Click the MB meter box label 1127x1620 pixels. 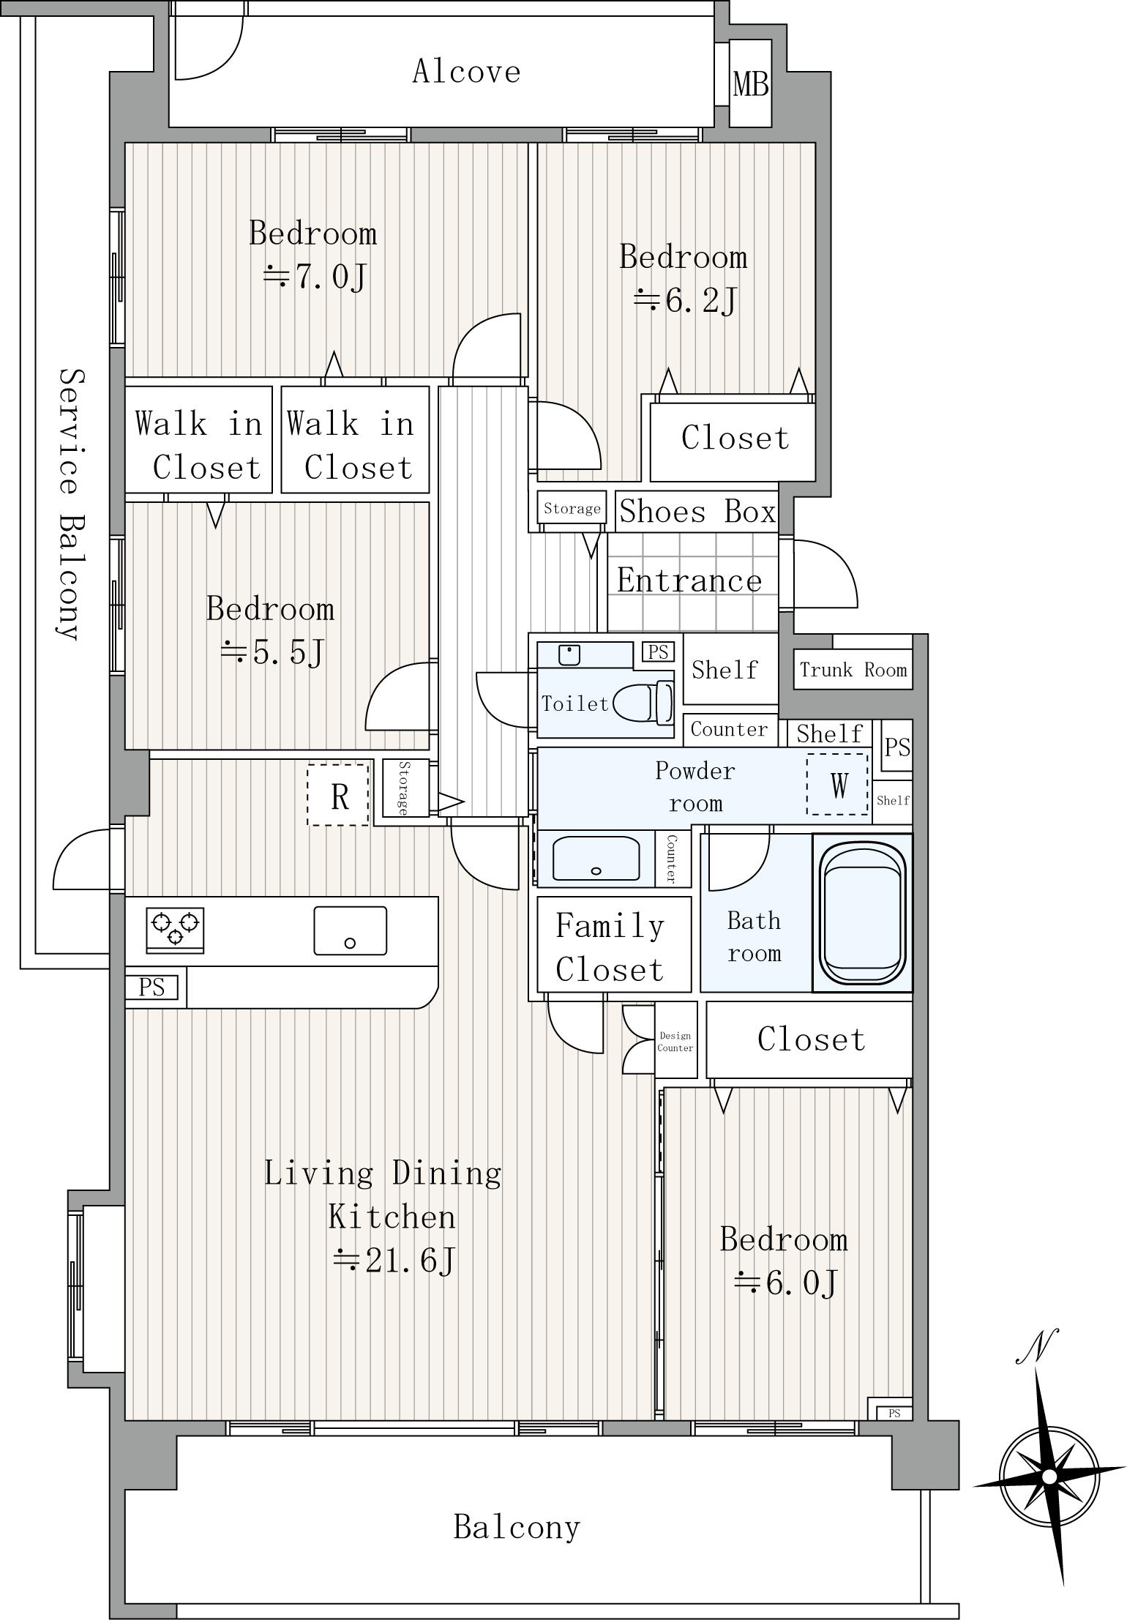[x=751, y=84]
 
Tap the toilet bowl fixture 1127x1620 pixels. [x=643, y=702]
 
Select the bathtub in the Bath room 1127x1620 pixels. [x=863, y=913]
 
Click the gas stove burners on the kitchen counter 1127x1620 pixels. [x=175, y=930]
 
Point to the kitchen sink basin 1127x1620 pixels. [x=351, y=930]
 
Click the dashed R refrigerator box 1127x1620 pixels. [x=338, y=795]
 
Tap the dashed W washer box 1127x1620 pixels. [x=839, y=785]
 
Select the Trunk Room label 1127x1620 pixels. [x=853, y=669]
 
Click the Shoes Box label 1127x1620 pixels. [x=697, y=511]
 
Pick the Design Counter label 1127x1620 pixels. [x=675, y=1042]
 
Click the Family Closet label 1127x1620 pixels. [x=610, y=947]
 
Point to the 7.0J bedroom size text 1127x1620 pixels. [x=315, y=276]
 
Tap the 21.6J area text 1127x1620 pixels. [x=394, y=1260]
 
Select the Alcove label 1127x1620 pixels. [x=466, y=71]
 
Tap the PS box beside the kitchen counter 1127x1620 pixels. [x=151, y=988]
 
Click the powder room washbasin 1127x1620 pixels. [x=596, y=858]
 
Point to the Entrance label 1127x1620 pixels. [x=689, y=581]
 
